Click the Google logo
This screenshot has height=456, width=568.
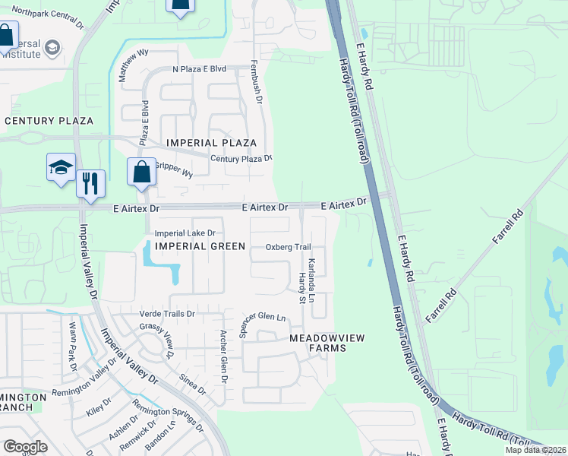point(25,447)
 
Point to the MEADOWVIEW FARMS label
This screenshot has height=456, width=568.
point(317,343)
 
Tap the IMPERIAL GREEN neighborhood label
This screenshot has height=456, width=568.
point(200,246)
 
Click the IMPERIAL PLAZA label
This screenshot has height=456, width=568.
point(211,143)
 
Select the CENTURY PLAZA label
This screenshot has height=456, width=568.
point(49,121)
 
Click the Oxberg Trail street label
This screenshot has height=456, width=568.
point(289,247)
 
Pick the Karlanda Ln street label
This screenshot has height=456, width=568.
point(311,275)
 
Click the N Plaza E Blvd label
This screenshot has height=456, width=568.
point(200,69)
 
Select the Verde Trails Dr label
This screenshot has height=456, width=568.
point(167,314)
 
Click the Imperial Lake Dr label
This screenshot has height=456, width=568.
point(185,233)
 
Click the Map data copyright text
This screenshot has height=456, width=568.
point(535,450)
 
